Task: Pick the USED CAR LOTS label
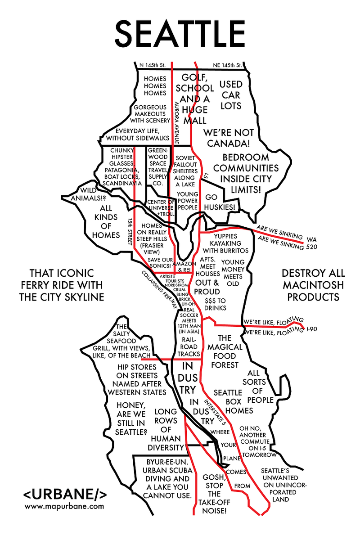pos(230,95)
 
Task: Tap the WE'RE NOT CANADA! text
pos(229,138)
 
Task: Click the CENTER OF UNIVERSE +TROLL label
pos(161,207)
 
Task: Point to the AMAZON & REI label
pos(183,265)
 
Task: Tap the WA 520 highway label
pos(311,243)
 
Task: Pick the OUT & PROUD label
pos(207,287)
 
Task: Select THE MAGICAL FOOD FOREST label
pos(225,351)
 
